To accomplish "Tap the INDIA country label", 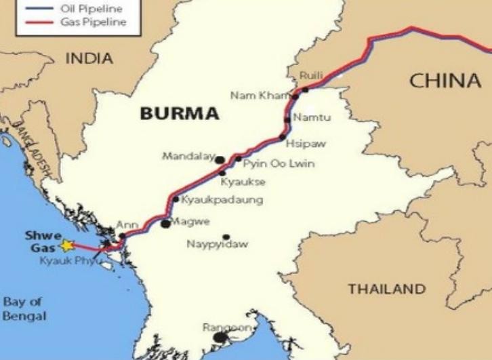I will [x=89, y=59].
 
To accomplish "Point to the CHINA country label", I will [x=445, y=81].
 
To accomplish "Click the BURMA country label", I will [x=180, y=113].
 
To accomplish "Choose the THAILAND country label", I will [x=387, y=289].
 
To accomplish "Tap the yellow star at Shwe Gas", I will [x=66, y=245].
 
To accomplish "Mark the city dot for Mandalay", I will [x=220, y=160].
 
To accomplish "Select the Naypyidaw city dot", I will [x=226, y=237].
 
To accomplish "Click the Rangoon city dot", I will [x=220, y=337].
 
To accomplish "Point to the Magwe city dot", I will [x=165, y=223].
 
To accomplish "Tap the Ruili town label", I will [x=310, y=76].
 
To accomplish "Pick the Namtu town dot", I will [x=287, y=120].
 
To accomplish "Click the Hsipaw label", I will [x=300, y=144].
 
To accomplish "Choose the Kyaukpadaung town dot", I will [x=176, y=199].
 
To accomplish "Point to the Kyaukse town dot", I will [x=222, y=174].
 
